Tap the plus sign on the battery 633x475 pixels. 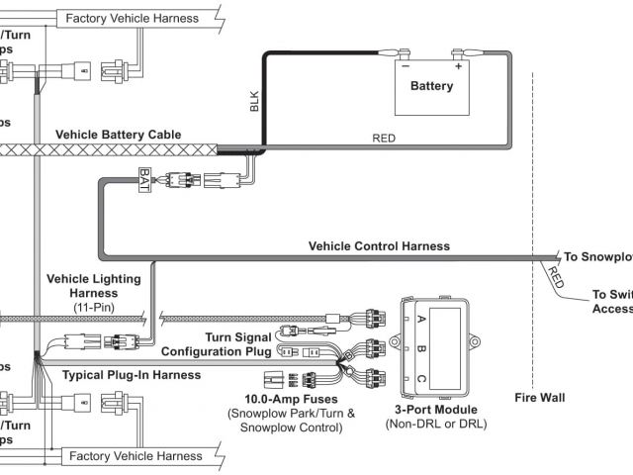click(x=459, y=67)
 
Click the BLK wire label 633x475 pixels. click(x=254, y=101)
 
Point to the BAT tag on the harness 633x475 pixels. click(x=144, y=181)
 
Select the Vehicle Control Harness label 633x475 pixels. click(x=379, y=245)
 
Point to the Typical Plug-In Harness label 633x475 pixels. click(x=131, y=375)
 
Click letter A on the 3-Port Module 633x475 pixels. click(x=422, y=319)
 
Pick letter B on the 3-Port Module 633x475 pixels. click(x=422, y=348)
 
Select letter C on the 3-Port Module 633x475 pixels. click(x=422, y=377)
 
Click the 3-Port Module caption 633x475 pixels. click(x=436, y=409)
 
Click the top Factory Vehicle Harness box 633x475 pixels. click(x=132, y=18)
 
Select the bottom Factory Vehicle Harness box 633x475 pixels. click(x=132, y=456)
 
